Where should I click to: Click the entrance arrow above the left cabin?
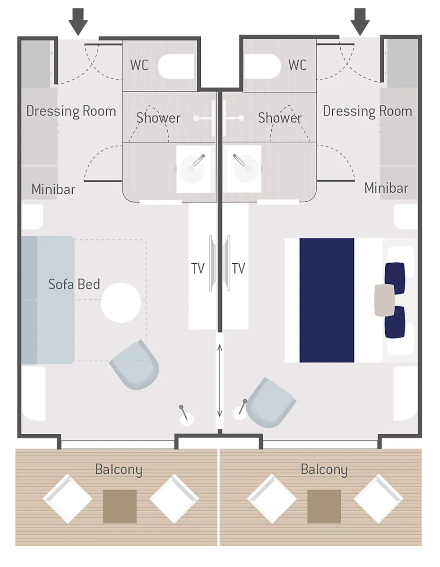(78, 21)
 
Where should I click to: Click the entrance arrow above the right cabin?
(360, 21)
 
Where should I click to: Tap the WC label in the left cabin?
(139, 65)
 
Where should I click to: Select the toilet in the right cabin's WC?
(262, 66)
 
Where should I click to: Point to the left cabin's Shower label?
(158, 118)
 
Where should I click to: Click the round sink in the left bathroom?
(192, 169)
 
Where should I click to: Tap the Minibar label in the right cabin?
(386, 188)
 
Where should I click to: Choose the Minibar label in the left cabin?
(53, 189)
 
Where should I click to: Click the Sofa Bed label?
(74, 284)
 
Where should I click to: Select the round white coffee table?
(121, 303)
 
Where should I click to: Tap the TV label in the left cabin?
(198, 268)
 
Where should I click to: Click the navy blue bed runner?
(327, 300)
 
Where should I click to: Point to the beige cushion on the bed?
(384, 301)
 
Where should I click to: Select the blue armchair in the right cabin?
(271, 403)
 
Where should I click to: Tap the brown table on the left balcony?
(120, 507)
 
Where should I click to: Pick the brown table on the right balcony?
(324, 507)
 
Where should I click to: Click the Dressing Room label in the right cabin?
(367, 111)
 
